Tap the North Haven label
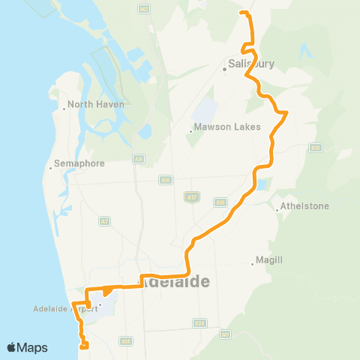[95, 104]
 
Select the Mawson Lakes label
[226, 126]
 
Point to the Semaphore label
[79, 163]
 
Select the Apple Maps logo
[27, 347]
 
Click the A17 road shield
[191, 196]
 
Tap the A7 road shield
[104, 220]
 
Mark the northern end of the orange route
[241, 13]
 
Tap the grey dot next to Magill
[252, 263]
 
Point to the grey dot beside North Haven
[64, 109]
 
